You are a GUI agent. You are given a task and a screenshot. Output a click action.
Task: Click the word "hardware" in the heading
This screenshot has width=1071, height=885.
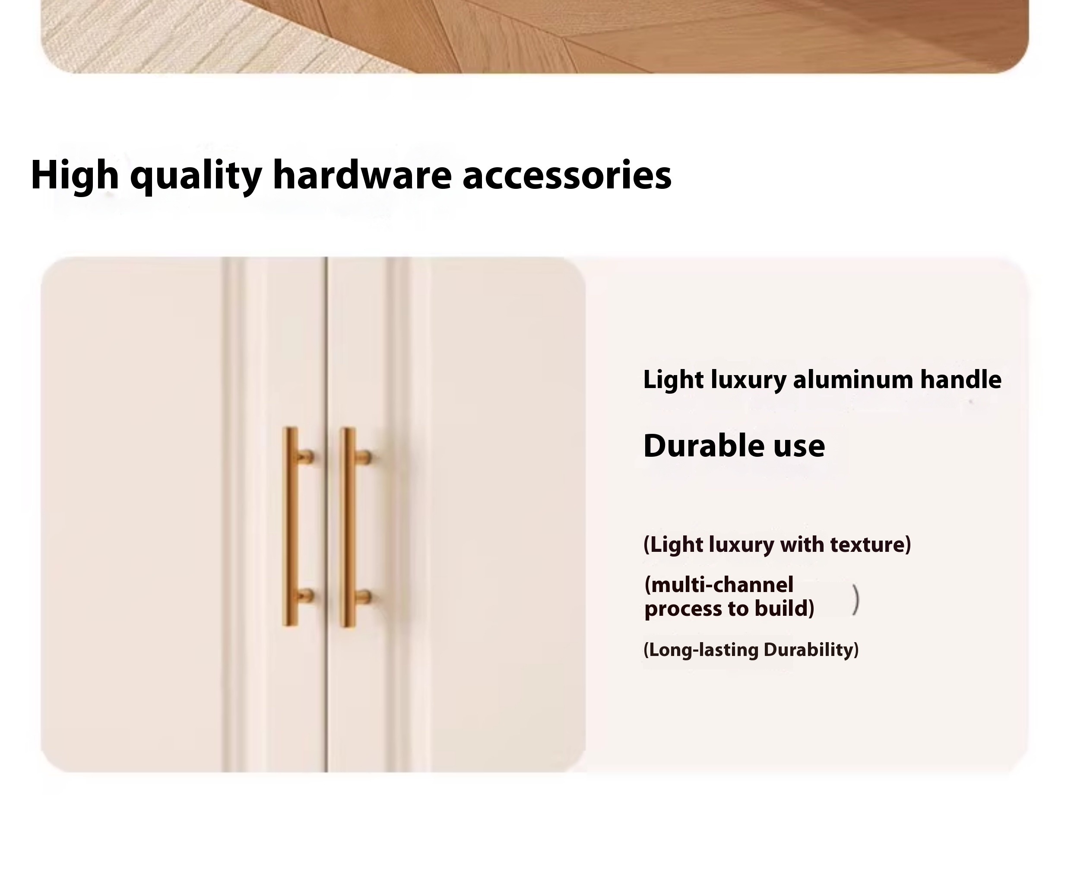(362, 175)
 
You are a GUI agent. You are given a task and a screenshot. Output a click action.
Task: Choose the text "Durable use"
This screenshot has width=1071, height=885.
(734, 446)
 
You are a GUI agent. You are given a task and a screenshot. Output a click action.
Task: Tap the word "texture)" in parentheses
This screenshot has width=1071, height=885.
(870, 544)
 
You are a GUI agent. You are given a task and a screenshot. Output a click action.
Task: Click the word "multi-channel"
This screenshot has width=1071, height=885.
(719, 585)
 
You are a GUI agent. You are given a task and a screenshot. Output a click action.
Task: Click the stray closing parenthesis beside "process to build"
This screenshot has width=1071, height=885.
(856, 600)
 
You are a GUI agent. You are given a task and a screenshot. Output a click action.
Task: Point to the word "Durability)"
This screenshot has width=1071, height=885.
(811, 650)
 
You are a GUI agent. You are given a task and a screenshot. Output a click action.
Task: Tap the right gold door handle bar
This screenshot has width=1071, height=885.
(348, 527)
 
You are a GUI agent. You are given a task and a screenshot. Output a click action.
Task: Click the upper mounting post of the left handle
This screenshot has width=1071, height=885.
(305, 456)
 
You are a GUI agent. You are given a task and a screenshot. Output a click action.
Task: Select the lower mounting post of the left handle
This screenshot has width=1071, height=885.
(305, 595)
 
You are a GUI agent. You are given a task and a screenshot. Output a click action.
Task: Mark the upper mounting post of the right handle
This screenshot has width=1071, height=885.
(363, 457)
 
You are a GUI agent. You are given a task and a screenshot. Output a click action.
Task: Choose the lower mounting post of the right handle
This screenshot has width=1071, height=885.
(363, 596)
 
